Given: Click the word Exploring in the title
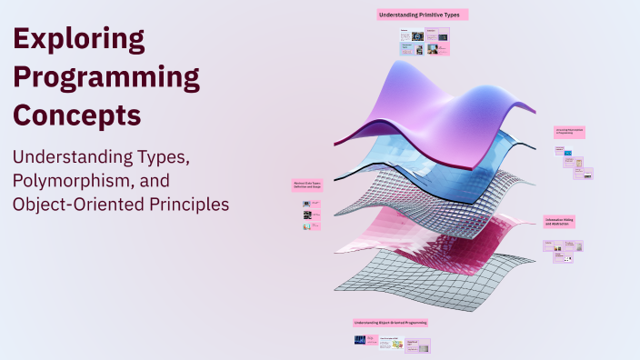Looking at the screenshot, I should [79, 39].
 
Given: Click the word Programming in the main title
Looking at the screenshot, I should [106, 78].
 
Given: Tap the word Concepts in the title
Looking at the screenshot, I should [77, 116].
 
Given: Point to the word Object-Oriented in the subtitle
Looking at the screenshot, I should [66, 205].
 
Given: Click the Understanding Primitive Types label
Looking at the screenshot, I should [422, 15].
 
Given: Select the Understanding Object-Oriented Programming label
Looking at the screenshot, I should [390, 322].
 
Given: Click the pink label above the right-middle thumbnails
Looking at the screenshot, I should [569, 132].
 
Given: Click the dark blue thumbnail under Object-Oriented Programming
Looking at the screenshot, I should [365, 341].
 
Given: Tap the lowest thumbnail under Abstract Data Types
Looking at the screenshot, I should [307, 226].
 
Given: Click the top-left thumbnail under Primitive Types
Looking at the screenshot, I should [405, 36].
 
